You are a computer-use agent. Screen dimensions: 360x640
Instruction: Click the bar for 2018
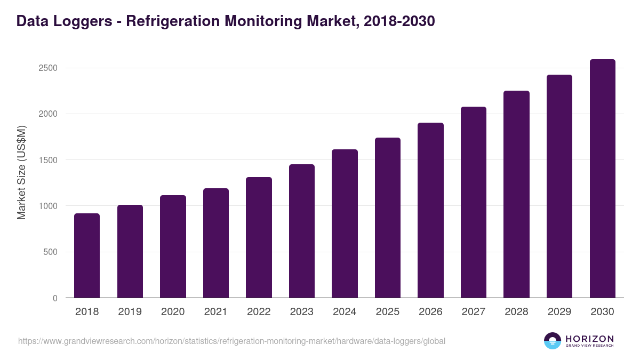[x=87, y=256]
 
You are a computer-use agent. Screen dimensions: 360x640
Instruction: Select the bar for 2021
[x=216, y=243]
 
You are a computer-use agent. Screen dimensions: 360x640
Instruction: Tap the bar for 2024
[x=345, y=224]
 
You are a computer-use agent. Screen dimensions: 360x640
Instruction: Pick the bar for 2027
[x=474, y=203]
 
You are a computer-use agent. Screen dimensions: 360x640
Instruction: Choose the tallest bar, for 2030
[x=602, y=179]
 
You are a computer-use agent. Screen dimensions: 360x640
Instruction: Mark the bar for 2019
[x=130, y=252]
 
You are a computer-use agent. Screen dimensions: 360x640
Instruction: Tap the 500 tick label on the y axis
[x=51, y=252]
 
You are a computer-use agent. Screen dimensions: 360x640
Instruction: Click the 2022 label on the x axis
[x=259, y=312]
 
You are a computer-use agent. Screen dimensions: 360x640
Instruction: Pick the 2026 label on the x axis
[x=430, y=312]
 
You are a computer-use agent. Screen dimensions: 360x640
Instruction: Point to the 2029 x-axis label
[x=559, y=312]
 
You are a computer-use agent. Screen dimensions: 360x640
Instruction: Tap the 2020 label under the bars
[x=173, y=312]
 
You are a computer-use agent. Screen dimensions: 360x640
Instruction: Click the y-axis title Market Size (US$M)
[x=21, y=172]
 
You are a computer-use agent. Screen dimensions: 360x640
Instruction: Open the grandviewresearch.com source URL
[x=231, y=341]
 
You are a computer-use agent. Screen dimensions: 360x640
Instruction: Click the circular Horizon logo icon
[x=553, y=341]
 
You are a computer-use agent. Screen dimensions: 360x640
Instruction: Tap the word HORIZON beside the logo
[x=589, y=339]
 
